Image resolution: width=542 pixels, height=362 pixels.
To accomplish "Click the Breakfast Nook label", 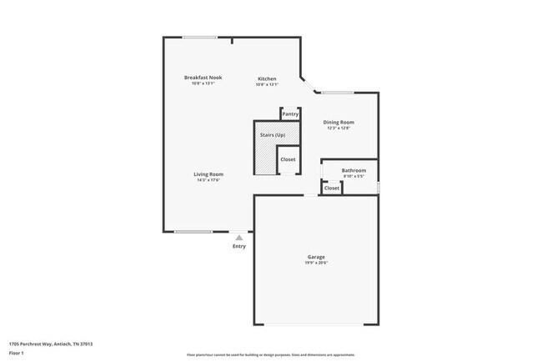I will [x=203, y=78].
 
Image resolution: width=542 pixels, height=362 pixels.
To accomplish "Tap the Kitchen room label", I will [x=267, y=78].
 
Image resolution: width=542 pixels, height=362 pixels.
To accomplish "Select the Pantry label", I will [x=290, y=114].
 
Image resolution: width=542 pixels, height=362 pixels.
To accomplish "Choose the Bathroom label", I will [x=354, y=170].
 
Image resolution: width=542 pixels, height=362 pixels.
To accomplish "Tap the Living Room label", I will [x=209, y=173].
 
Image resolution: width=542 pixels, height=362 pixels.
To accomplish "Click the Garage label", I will [x=316, y=257].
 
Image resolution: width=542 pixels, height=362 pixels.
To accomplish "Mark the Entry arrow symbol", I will [x=238, y=238].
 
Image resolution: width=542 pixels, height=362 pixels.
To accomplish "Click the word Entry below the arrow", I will [x=239, y=246].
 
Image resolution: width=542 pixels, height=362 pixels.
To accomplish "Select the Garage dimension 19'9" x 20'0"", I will [x=316, y=263].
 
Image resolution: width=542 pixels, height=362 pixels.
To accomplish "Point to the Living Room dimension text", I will [x=209, y=179].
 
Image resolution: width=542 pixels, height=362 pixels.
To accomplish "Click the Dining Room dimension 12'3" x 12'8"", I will [x=339, y=128].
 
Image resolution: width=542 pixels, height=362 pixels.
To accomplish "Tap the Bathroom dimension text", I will [x=354, y=176].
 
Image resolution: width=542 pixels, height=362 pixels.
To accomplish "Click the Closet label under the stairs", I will [x=287, y=158].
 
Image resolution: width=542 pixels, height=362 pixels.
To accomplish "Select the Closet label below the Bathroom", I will [x=332, y=188].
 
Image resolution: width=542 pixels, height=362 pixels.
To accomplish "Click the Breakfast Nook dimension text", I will [x=203, y=83].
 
